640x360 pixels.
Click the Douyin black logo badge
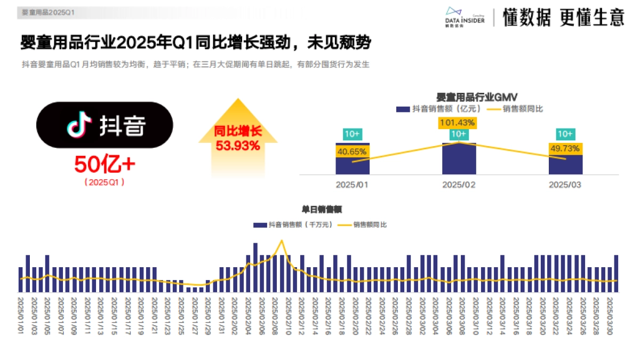coord(105,125)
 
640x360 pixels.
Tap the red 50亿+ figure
coord(105,164)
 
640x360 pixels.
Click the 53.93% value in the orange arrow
coord(238,145)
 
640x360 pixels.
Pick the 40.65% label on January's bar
coord(352,151)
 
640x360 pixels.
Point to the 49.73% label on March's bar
coord(565,149)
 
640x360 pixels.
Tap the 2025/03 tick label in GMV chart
coord(565,185)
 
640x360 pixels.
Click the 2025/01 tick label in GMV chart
coord(352,185)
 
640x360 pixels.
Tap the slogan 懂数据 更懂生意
coord(563,18)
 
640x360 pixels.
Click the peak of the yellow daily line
coord(282,241)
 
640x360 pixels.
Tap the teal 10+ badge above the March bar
coord(565,134)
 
